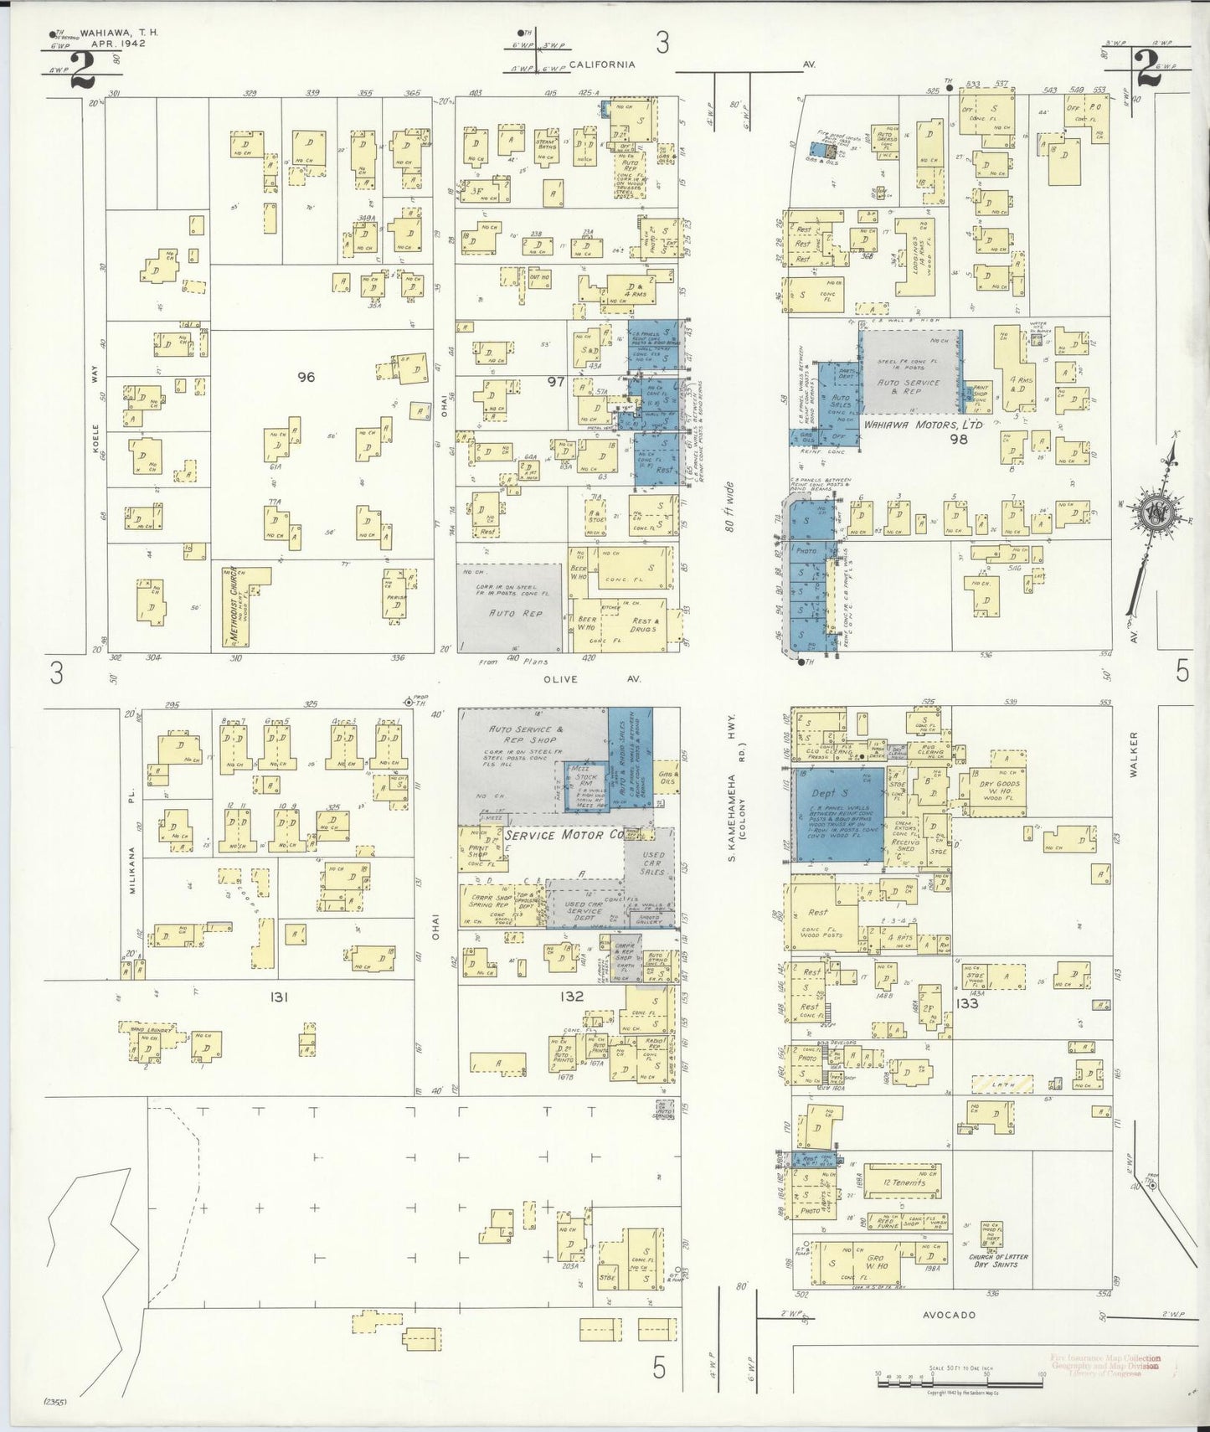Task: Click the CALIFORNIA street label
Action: pyautogui.click(x=602, y=64)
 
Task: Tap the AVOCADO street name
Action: pyautogui.click(x=949, y=1315)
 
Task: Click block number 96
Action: pyautogui.click(x=306, y=377)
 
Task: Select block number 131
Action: pyautogui.click(x=279, y=997)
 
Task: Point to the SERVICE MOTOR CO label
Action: pyautogui.click(x=565, y=835)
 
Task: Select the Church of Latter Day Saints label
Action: pyautogui.click(x=998, y=1260)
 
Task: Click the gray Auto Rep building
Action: pyautogui.click(x=510, y=607)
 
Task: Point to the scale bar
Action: pyautogui.click(x=959, y=1376)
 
